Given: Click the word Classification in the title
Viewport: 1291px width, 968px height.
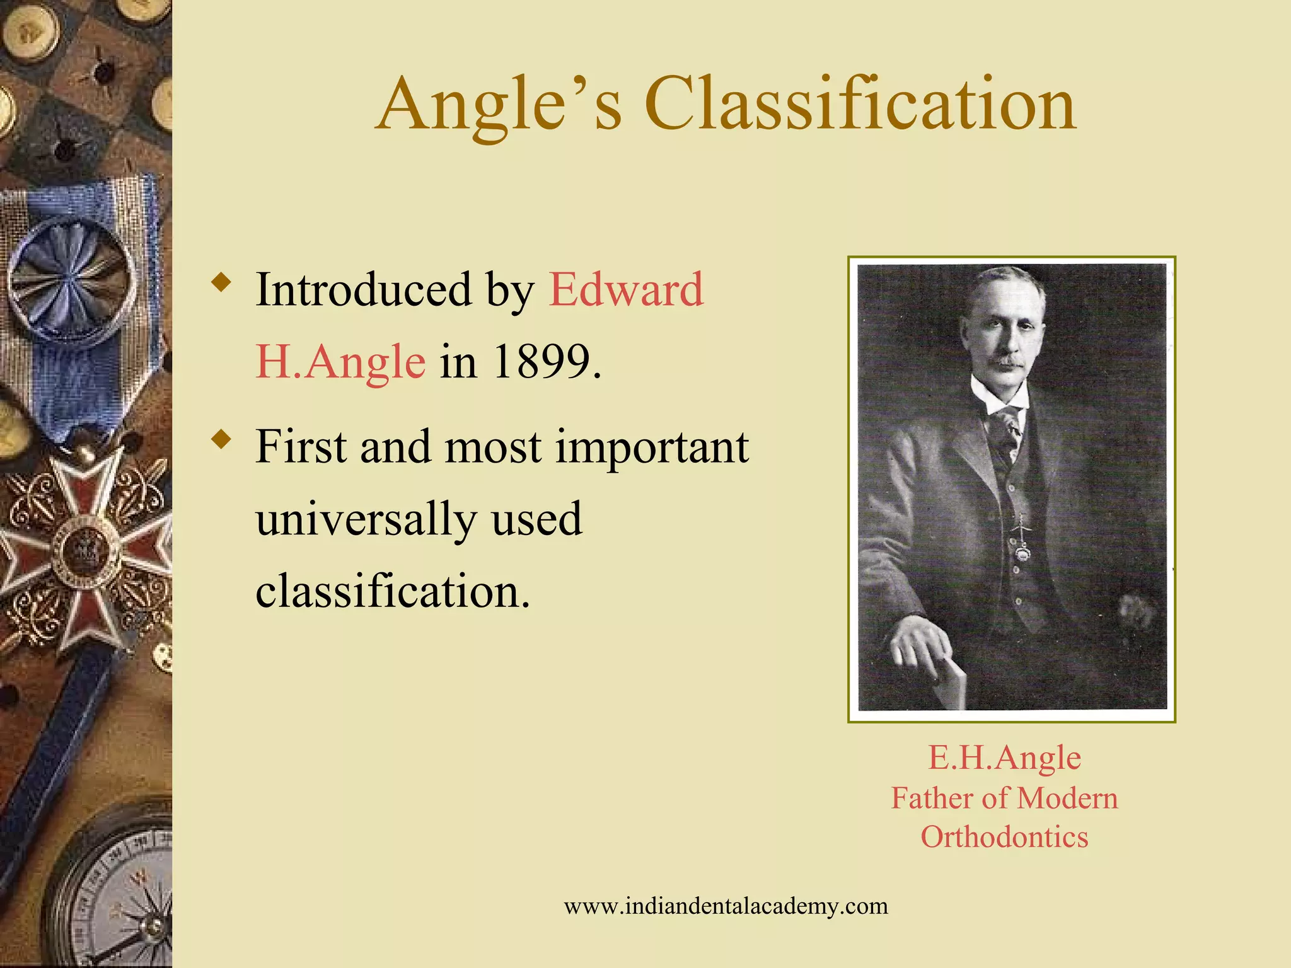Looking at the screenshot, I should tap(860, 104).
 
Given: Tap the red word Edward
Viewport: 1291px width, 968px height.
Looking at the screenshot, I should tap(626, 289).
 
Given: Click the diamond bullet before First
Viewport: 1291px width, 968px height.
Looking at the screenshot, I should tap(221, 439).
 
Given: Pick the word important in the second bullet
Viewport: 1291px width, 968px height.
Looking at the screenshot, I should tap(652, 447).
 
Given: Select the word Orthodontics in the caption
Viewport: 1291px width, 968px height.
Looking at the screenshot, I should tap(1004, 837).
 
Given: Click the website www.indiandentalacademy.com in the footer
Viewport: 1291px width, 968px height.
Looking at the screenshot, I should tap(726, 906).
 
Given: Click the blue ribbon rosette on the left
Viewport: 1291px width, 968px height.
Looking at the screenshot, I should tap(71, 280).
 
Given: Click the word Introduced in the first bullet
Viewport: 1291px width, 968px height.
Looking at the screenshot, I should tap(363, 290).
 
